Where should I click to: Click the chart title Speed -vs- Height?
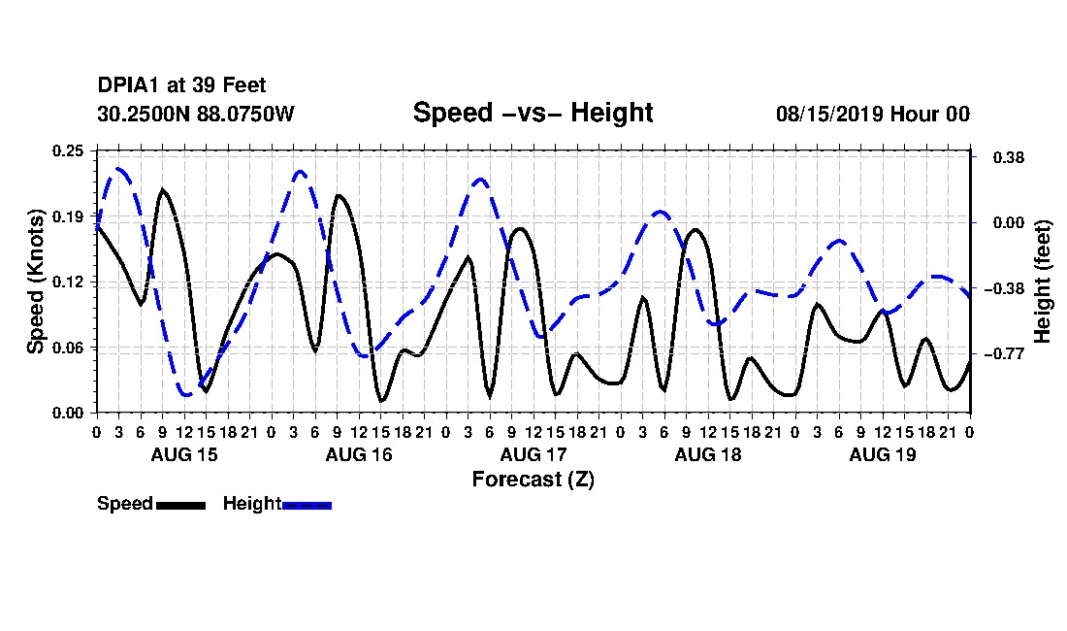point(533,113)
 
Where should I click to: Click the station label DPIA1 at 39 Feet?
point(181,85)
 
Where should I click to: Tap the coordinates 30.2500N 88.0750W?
point(196,114)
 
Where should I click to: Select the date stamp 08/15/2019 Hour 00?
point(873,114)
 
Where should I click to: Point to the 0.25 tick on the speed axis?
point(68,150)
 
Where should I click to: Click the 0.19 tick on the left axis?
point(68,216)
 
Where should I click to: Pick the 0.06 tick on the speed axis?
point(68,348)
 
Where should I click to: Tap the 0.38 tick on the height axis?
point(1009,157)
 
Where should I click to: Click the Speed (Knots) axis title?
point(35,282)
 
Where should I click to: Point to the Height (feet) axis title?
point(1043,282)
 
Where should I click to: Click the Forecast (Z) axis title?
point(533,480)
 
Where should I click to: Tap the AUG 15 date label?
point(184,454)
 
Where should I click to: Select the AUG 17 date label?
point(533,454)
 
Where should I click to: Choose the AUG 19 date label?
point(883,454)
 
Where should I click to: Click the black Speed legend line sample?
point(181,505)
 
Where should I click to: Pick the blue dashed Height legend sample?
point(307,505)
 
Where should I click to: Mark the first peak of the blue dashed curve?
point(119,168)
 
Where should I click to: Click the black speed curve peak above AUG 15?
point(162,189)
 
